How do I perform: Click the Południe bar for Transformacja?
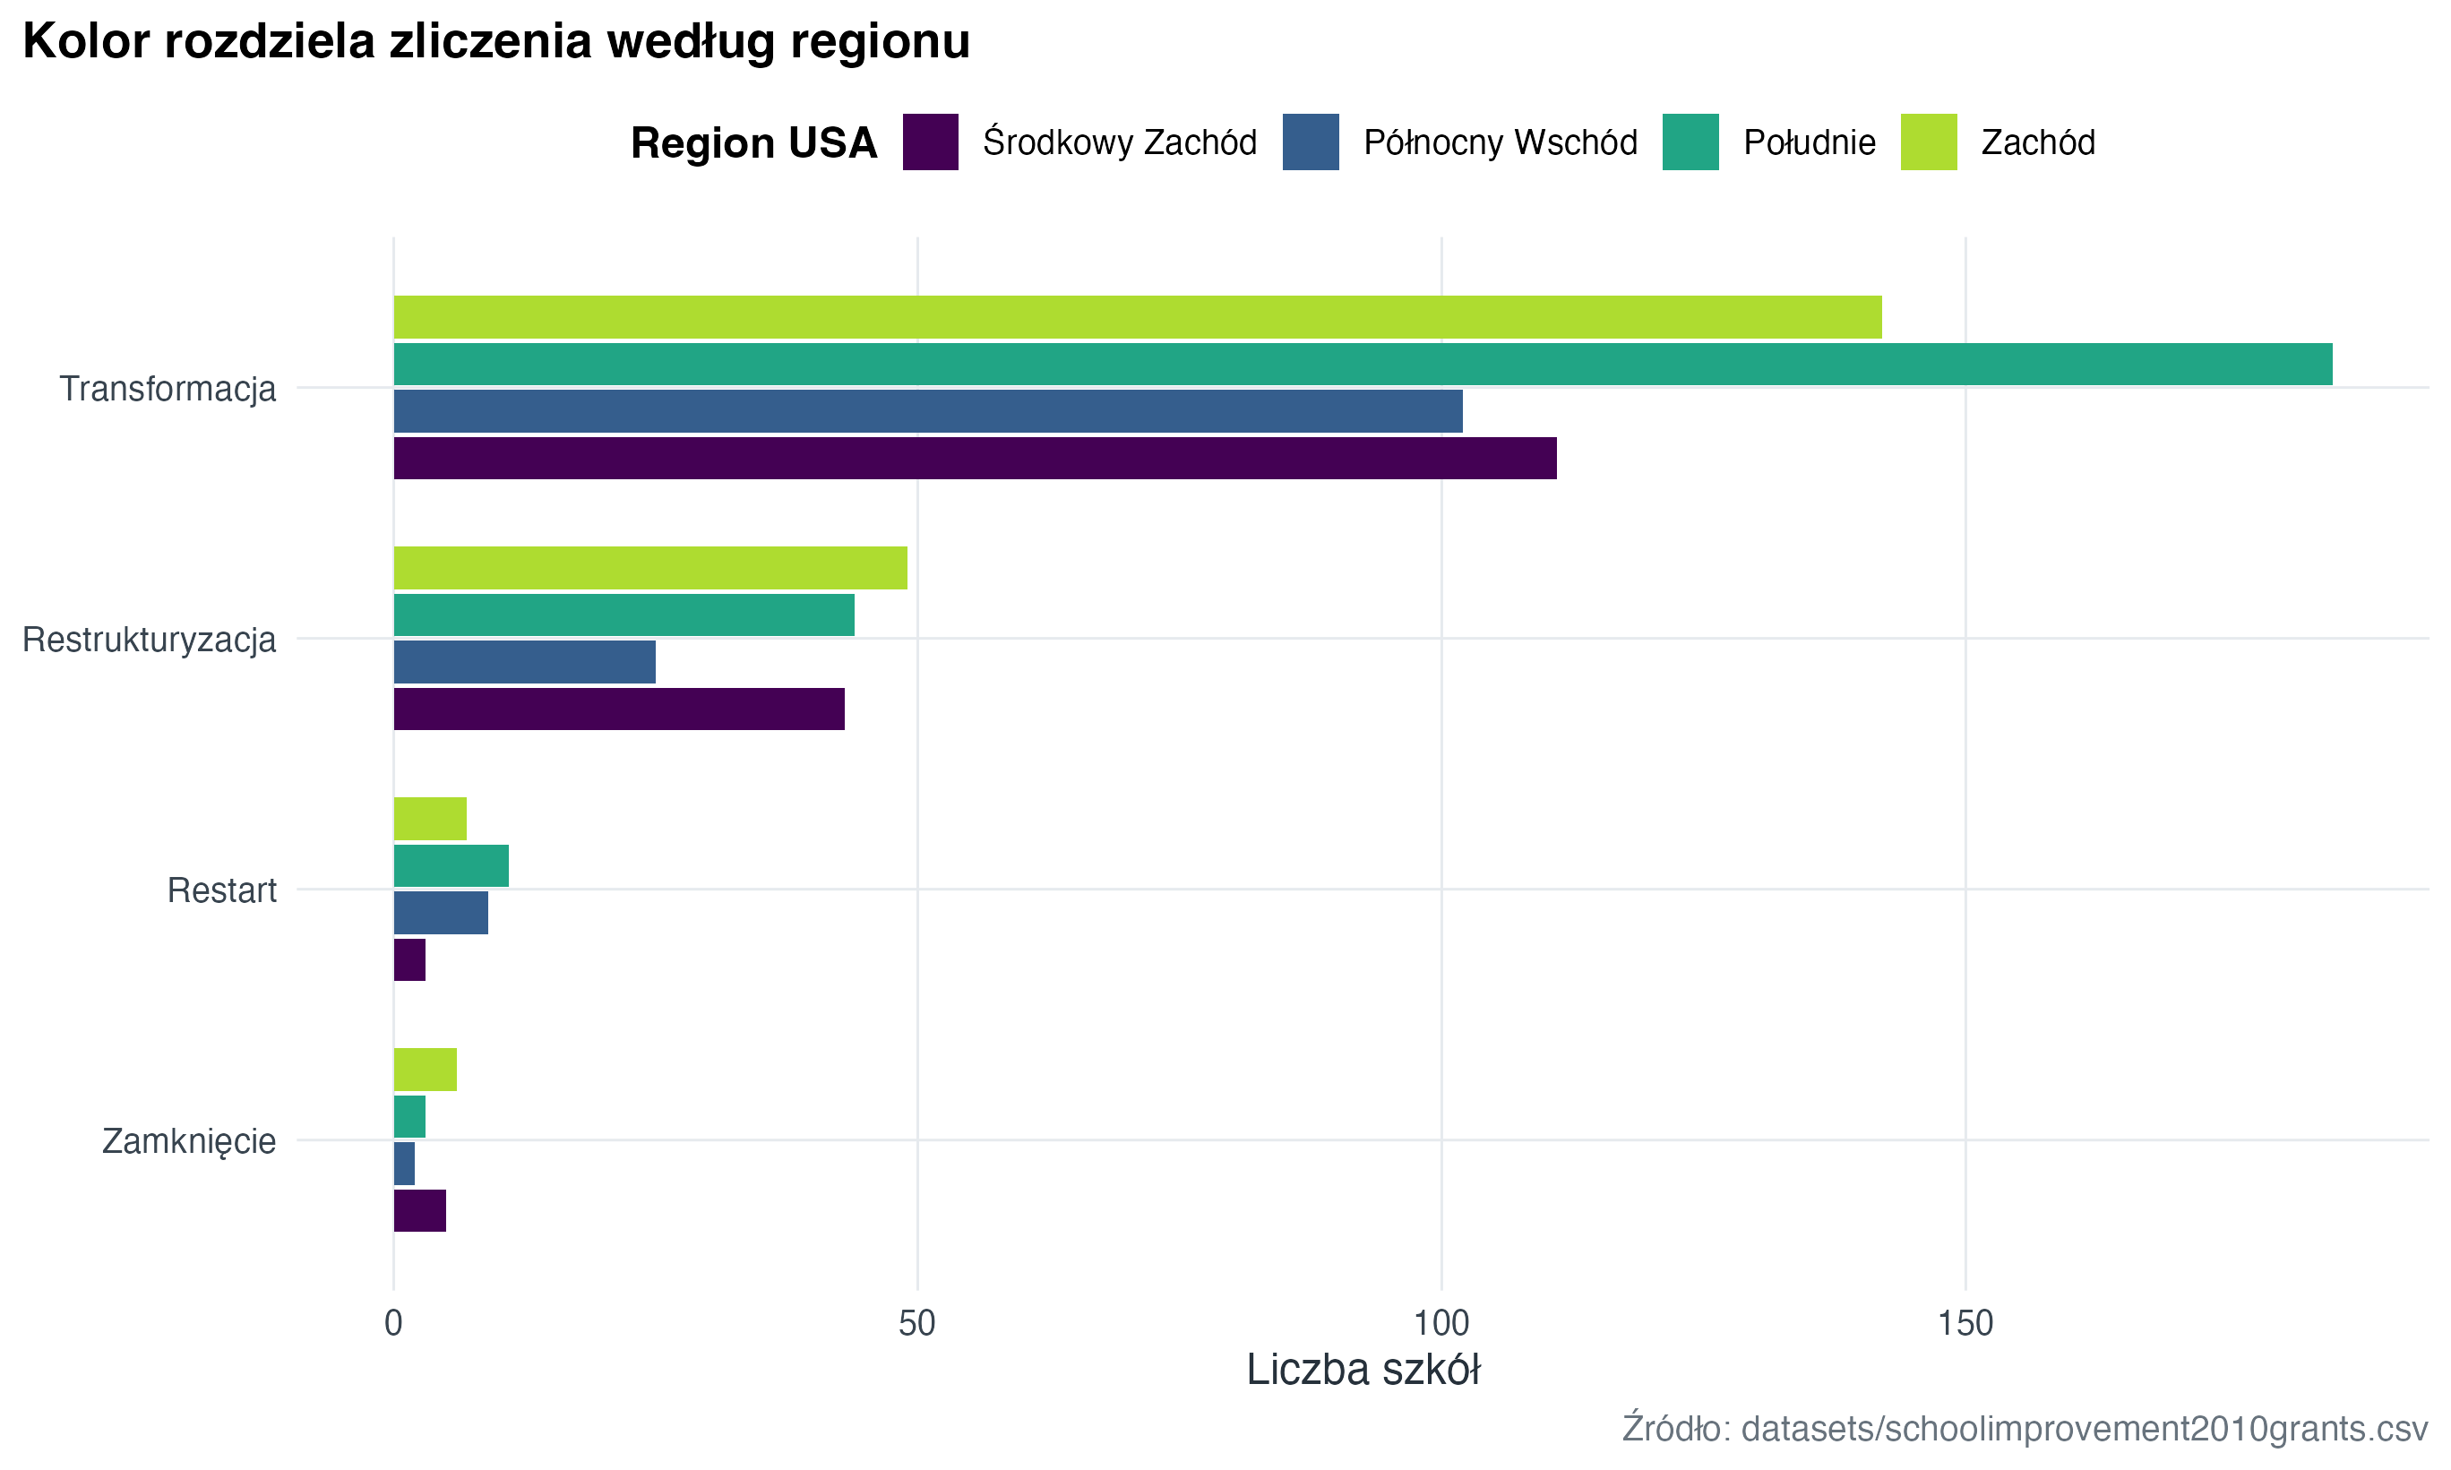(1363, 364)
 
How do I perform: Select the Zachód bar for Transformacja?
(1137, 317)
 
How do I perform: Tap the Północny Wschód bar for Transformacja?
(928, 411)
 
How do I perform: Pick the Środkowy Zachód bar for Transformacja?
(975, 458)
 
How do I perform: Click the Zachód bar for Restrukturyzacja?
(649, 568)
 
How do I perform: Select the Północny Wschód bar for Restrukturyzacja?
(524, 662)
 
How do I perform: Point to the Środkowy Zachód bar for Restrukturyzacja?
(619, 709)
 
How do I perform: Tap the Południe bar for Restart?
(451, 865)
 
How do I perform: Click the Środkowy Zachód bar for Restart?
(409, 960)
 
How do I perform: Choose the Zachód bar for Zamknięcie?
(425, 1070)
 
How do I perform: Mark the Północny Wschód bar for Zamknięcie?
(404, 1163)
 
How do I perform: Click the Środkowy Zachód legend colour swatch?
(930, 142)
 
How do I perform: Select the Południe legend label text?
(1809, 142)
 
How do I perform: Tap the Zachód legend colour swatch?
(1928, 142)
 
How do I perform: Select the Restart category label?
(222, 890)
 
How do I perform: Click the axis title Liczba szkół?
(1363, 1370)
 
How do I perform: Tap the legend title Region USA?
(753, 142)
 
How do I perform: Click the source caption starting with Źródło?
(2025, 1429)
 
